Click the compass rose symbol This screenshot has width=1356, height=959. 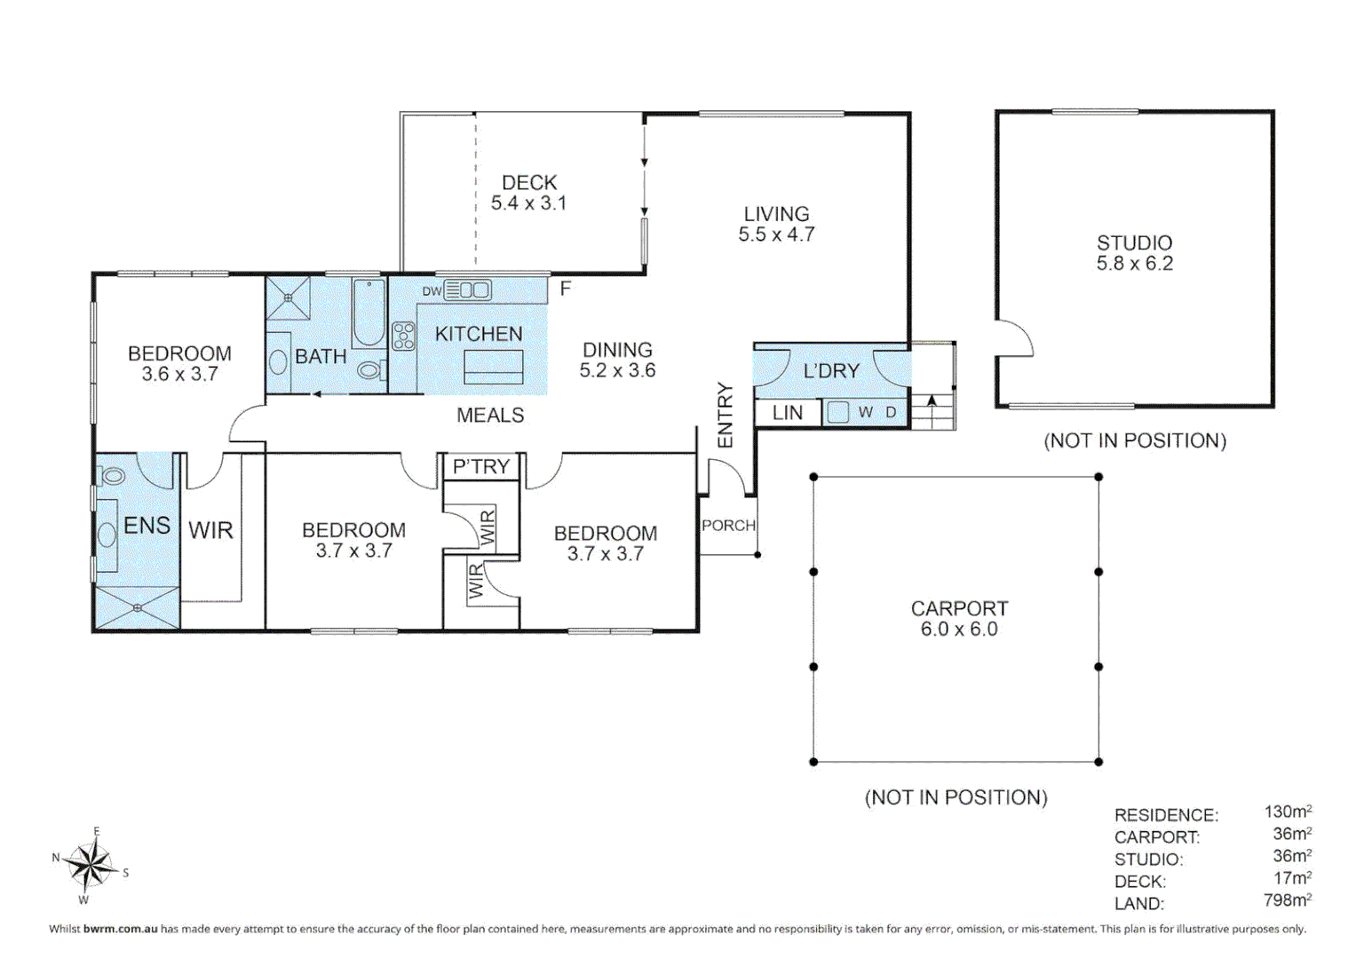click(91, 866)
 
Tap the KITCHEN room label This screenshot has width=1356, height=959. click(479, 334)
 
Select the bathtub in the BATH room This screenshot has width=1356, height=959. click(368, 313)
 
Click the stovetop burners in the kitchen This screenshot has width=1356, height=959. click(404, 336)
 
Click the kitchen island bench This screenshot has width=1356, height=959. click(494, 366)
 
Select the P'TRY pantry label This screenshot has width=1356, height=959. click(481, 466)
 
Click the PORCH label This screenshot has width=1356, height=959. click(728, 525)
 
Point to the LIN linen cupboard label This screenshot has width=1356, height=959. click(788, 412)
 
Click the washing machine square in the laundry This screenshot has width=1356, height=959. click(837, 412)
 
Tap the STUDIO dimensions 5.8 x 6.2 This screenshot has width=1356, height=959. click(1134, 264)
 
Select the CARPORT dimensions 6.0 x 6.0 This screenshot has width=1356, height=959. click(959, 629)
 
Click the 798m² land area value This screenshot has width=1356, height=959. click(1287, 900)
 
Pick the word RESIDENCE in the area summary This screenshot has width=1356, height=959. click(1166, 815)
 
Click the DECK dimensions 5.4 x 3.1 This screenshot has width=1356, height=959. click(528, 202)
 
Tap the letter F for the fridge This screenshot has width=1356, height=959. click(566, 289)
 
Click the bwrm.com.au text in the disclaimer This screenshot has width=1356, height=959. click(120, 929)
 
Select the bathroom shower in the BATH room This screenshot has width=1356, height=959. click(288, 297)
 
